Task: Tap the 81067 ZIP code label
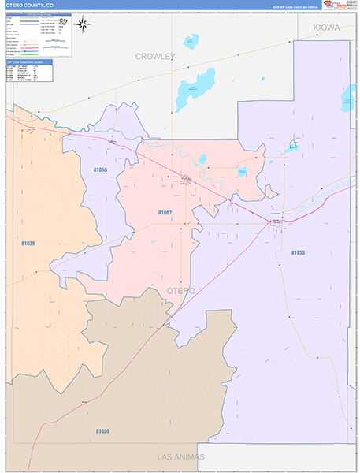(165, 213)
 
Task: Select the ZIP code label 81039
(28, 244)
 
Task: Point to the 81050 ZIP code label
(297, 252)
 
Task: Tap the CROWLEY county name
(154, 57)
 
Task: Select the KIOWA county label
(325, 28)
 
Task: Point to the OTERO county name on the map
(180, 291)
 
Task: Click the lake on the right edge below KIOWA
(347, 97)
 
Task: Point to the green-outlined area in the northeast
(292, 145)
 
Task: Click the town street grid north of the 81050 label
(278, 224)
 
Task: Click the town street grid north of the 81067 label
(185, 181)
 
